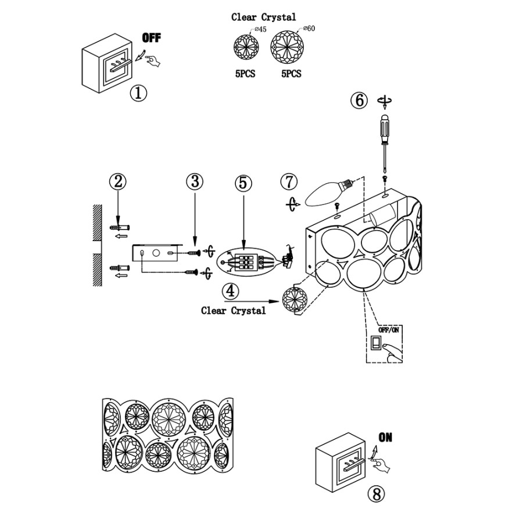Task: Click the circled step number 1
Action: [x=138, y=93]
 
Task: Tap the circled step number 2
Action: [x=118, y=182]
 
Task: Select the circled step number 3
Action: [x=195, y=181]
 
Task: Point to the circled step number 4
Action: [x=231, y=290]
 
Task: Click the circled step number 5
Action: [x=243, y=182]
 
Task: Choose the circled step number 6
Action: [x=359, y=100]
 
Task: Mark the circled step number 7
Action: [x=289, y=182]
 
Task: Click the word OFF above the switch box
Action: [x=152, y=38]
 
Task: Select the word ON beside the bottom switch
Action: [x=385, y=438]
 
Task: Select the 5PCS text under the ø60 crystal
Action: [x=291, y=74]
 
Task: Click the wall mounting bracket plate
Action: [x=155, y=253]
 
